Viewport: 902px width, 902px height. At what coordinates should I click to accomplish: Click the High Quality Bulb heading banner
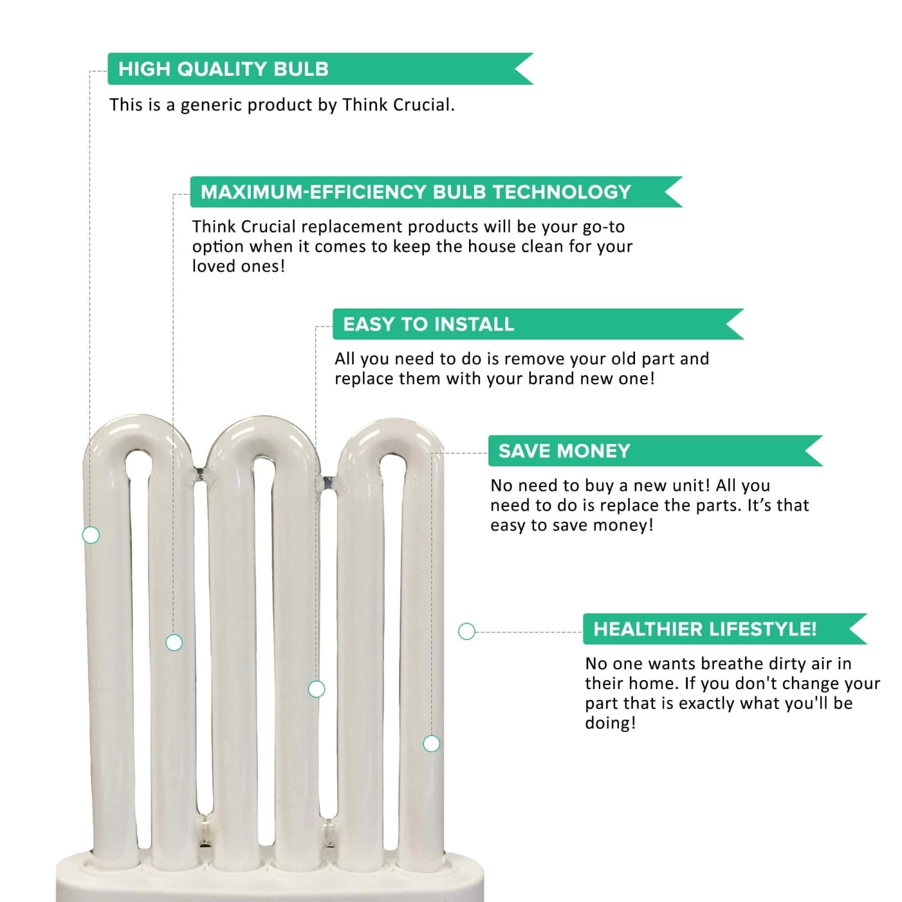(x=321, y=69)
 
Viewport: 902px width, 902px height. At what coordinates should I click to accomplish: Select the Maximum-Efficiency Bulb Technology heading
(x=437, y=192)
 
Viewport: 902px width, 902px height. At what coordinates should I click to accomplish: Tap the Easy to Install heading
(x=538, y=324)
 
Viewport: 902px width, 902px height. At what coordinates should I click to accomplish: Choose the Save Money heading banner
(x=655, y=451)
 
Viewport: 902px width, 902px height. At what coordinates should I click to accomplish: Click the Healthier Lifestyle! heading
(x=725, y=629)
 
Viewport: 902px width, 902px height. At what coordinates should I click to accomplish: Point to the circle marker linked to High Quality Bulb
(x=91, y=535)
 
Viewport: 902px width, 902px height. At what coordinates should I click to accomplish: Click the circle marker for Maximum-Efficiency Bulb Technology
(x=174, y=643)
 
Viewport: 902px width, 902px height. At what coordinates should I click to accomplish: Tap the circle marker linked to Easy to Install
(x=316, y=689)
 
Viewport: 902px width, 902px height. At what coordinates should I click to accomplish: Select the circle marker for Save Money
(x=432, y=744)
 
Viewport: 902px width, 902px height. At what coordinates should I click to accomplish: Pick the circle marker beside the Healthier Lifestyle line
(x=467, y=631)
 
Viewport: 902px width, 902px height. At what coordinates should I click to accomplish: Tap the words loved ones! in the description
(x=239, y=266)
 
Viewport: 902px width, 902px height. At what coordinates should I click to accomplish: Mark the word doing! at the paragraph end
(x=610, y=723)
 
